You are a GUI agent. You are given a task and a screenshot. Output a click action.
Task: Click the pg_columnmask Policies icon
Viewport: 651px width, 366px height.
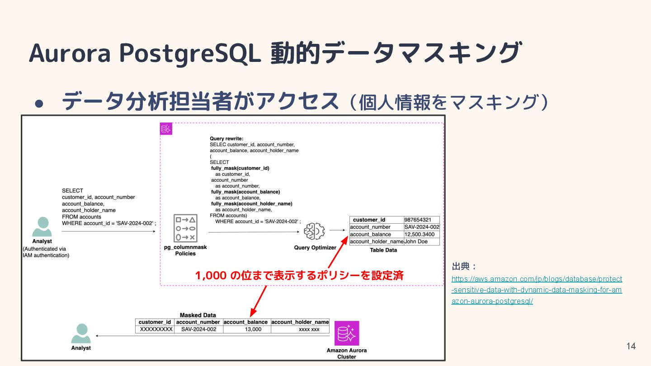tap(185, 228)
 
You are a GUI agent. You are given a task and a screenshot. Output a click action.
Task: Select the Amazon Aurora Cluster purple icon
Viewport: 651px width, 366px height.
tap(347, 333)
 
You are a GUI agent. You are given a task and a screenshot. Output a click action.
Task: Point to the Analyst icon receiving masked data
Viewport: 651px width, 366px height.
tap(81, 334)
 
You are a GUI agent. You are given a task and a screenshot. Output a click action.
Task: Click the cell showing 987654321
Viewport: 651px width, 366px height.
tap(421, 220)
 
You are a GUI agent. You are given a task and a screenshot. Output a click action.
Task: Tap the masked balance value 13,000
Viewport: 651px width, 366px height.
tap(247, 329)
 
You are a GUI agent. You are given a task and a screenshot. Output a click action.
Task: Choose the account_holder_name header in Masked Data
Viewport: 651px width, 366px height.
tap(300, 322)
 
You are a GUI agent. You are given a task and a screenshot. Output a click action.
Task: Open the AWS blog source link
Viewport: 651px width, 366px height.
tap(537, 290)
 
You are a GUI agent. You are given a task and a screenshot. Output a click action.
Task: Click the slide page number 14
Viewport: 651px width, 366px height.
tap(631, 346)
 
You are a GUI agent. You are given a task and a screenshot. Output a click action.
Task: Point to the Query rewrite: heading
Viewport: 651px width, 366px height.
tap(227, 138)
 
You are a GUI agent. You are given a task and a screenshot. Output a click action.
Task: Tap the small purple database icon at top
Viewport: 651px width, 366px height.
tap(166, 129)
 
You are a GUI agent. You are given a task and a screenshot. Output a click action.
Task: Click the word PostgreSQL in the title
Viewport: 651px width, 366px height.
tap(189, 52)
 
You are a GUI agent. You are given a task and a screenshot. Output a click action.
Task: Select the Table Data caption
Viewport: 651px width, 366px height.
tap(383, 250)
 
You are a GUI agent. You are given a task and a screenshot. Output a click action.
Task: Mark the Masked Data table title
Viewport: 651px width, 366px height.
tap(198, 315)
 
